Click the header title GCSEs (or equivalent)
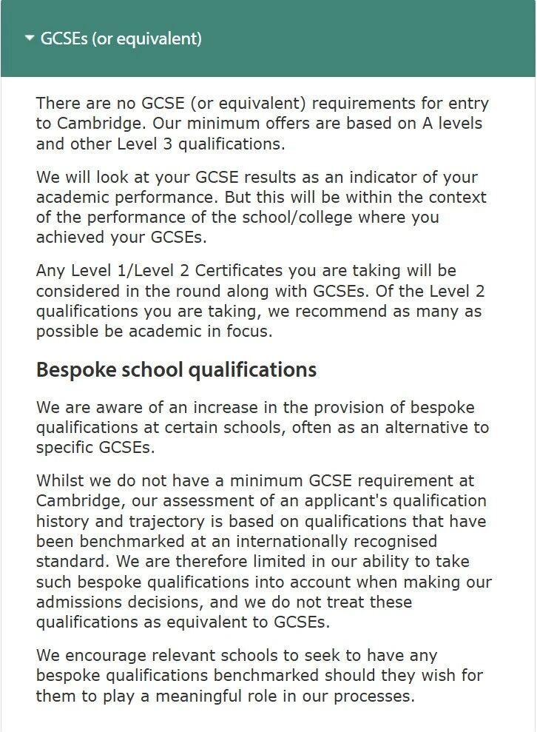click(x=121, y=38)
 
